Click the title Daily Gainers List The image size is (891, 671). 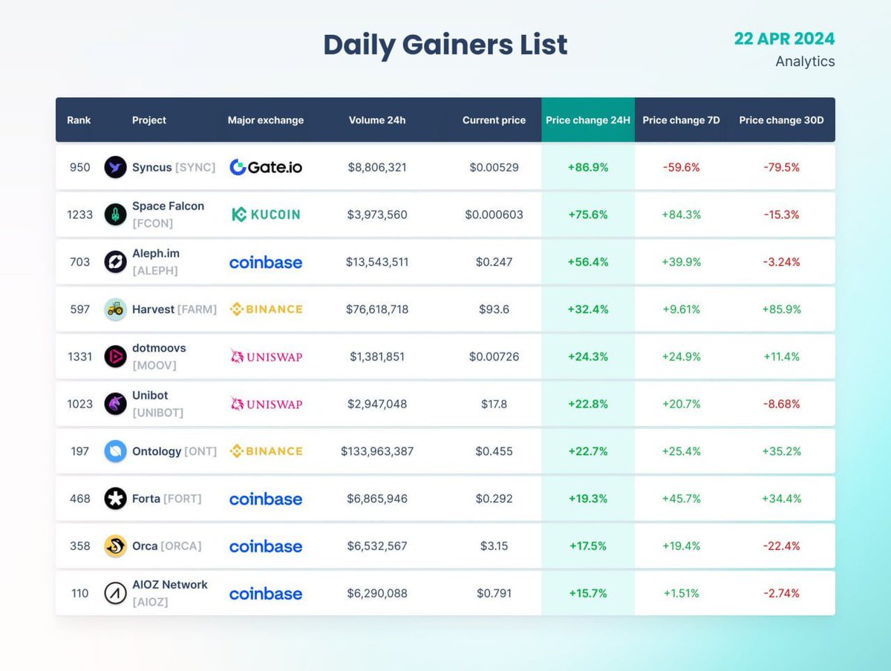click(445, 45)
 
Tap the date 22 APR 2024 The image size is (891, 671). click(784, 39)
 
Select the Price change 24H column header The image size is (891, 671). click(587, 120)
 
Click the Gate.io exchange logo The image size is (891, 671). click(266, 168)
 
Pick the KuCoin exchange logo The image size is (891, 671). click(266, 215)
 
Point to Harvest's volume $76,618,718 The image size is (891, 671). click(377, 309)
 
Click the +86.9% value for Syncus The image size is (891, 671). click(587, 168)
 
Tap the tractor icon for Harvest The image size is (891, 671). click(115, 309)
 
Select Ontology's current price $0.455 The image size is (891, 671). click(494, 451)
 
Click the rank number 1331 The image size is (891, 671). click(79, 356)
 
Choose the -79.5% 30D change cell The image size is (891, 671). click(781, 168)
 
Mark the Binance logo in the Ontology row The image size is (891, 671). click(266, 451)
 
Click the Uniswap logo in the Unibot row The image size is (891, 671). click(266, 404)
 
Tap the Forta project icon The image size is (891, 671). click(115, 499)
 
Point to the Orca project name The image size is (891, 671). click(145, 546)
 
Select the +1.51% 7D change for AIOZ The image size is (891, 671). click(681, 593)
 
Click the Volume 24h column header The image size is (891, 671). click(377, 120)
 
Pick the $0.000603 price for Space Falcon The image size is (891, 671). click(494, 215)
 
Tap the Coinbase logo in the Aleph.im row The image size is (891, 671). click(266, 262)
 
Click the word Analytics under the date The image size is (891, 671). click(805, 62)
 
